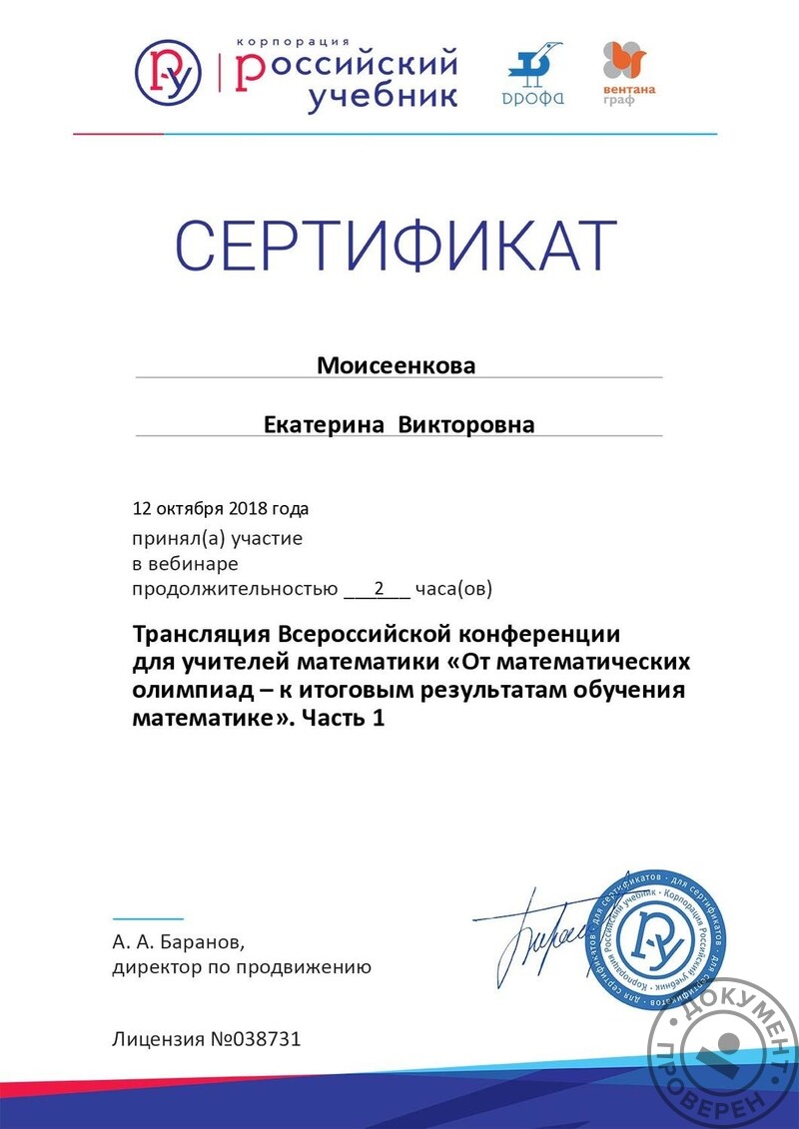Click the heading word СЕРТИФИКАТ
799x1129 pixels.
click(x=397, y=246)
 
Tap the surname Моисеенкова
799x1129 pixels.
click(x=397, y=365)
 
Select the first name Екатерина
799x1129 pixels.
click(x=324, y=425)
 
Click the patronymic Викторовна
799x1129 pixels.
click(x=466, y=425)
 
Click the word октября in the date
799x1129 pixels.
click(x=185, y=508)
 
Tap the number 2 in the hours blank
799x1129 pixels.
click(x=379, y=588)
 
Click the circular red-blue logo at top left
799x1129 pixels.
click(x=168, y=71)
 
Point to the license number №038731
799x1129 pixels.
click(x=255, y=1039)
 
